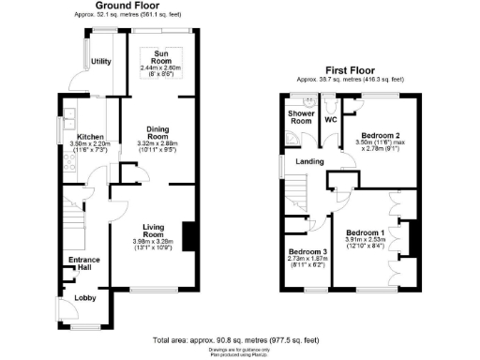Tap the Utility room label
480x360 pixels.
102,62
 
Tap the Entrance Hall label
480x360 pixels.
83,263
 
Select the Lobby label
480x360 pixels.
85,299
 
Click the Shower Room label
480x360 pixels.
299,116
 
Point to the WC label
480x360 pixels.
330,120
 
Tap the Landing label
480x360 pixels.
310,160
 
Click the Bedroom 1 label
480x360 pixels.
364,232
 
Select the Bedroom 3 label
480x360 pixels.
307,252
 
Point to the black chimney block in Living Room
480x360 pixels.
188,235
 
